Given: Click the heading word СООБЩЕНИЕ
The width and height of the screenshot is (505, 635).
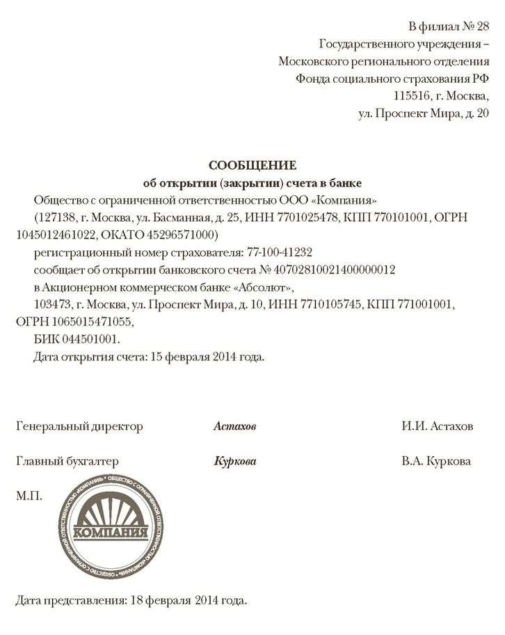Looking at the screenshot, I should tap(252, 165).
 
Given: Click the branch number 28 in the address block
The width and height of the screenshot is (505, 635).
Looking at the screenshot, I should tap(479, 27).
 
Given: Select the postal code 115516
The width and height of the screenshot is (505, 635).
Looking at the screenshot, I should tap(411, 95).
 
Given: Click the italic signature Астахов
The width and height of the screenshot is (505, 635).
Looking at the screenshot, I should tap(234, 426).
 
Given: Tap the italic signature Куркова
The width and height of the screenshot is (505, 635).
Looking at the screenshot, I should tap(234, 462).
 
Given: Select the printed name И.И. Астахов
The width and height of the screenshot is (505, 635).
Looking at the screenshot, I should tap(437, 426).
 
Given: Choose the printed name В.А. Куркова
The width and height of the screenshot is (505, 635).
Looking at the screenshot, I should tap(436, 462).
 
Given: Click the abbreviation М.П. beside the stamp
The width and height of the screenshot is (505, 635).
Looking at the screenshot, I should tap(29, 496).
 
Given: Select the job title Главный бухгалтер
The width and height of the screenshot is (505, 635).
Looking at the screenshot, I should tap(67, 462).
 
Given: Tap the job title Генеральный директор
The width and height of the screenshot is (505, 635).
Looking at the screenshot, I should tap(79, 426).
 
